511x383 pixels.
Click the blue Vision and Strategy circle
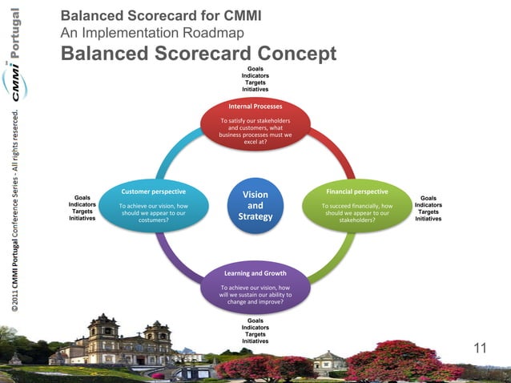pos(255,206)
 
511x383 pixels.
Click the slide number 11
pos(480,348)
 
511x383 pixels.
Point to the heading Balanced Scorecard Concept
pos(198,54)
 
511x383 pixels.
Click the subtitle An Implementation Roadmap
pos(152,33)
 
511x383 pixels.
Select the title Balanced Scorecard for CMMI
pos(160,16)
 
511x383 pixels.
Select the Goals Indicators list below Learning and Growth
pos(255,331)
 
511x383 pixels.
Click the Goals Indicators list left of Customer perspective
pos(82,208)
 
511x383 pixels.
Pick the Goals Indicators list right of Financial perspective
pos(429,208)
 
